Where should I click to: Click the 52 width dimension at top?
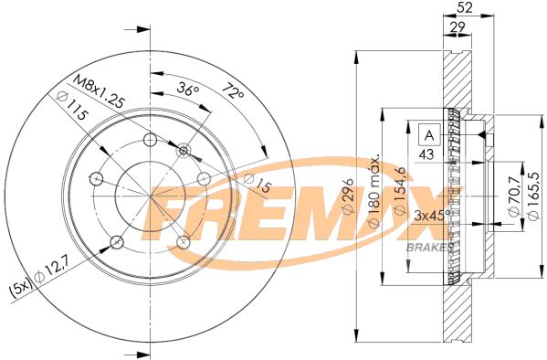pyautogui.click(x=464, y=7)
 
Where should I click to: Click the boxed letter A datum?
pyautogui.click(x=426, y=135)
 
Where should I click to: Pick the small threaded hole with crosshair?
pyautogui.click(x=184, y=149)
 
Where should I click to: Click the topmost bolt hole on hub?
pyautogui.click(x=149, y=141)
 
